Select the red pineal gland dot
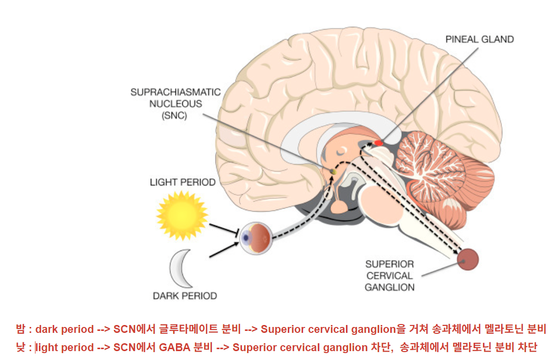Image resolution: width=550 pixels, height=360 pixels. pos(378,143)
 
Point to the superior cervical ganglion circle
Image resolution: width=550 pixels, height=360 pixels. pos(468,259)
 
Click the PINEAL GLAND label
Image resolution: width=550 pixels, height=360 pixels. pos(480,39)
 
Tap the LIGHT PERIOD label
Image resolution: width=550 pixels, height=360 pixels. pos(182,182)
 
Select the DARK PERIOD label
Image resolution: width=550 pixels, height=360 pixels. pos(185,296)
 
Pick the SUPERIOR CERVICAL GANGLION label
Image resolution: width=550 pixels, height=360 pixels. pos(389,275)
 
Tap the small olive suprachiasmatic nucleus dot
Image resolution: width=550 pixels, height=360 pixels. pos(333,171)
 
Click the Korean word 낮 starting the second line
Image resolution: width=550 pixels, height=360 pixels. pos(20,347)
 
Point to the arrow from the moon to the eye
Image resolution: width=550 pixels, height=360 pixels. pos(225,249)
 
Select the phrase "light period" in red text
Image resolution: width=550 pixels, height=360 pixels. pos(65,347)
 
